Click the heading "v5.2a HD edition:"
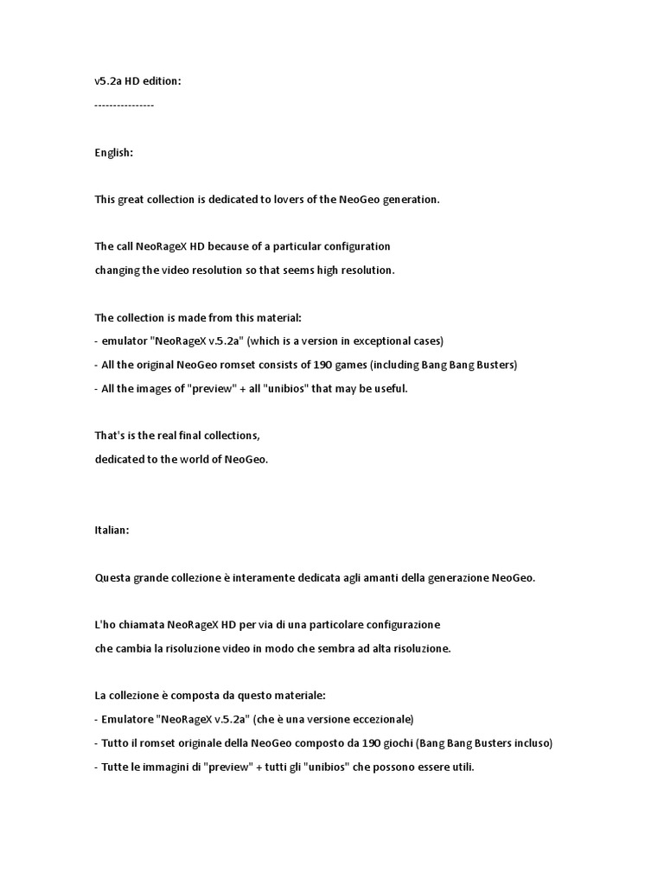pyautogui.click(x=138, y=81)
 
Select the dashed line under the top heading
pyautogui.click(x=124, y=105)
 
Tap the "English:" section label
pyautogui.click(x=114, y=152)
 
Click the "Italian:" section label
pyautogui.click(x=112, y=530)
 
